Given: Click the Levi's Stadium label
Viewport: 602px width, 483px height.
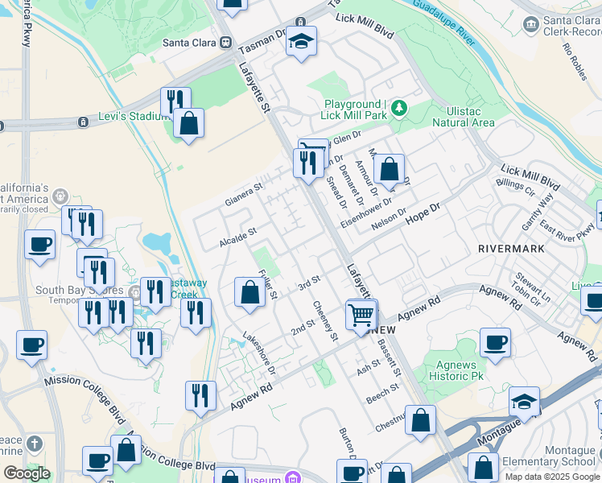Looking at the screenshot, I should point(131,117).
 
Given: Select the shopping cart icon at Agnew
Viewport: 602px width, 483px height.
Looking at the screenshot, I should point(361,314).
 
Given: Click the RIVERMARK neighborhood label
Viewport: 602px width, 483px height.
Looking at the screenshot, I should point(510,249).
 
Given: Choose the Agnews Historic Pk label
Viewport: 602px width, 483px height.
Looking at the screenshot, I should point(455,370).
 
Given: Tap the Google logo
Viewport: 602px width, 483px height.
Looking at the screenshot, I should point(27,473).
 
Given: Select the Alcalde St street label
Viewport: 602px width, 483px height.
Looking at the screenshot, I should point(237,236).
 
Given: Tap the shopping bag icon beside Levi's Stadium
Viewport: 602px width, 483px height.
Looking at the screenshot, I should point(188,124).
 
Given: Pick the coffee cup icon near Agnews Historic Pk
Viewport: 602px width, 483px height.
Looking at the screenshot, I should point(495,342).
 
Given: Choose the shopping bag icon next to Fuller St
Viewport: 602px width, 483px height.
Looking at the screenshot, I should point(250,293).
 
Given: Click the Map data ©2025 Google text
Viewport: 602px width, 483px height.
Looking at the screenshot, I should point(553,477).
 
